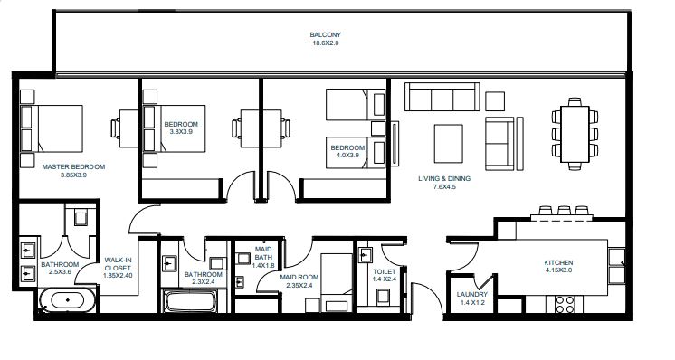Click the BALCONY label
coord(327,35)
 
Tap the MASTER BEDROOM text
coord(74,166)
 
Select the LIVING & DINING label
coord(443,178)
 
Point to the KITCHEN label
coord(559,262)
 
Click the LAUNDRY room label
coord(472,295)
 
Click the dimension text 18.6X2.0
coord(327,43)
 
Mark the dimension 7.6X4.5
coord(443,187)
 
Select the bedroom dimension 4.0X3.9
coord(347,156)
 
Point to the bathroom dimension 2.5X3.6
coord(60,272)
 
